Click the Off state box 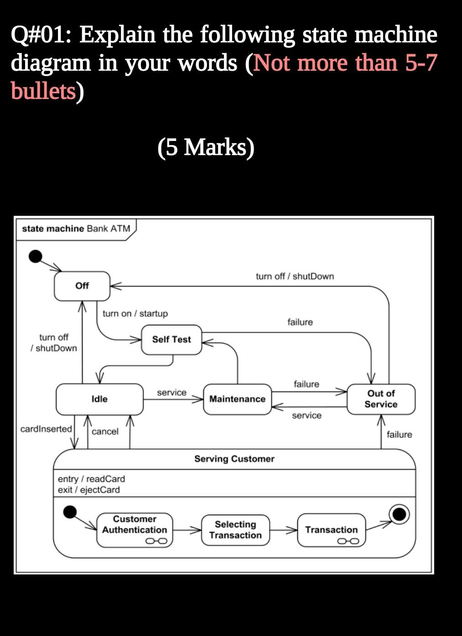[x=82, y=286]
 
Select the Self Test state [x=171, y=339]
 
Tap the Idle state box [x=99, y=399]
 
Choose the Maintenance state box [x=237, y=399]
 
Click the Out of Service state [x=381, y=399]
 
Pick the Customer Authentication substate [x=135, y=530]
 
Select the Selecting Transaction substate [x=235, y=530]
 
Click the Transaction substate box [x=332, y=530]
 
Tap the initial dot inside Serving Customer [x=69, y=512]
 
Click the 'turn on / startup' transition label [x=135, y=313]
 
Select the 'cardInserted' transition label [x=46, y=429]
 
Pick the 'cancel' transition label [x=105, y=432]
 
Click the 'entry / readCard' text [x=91, y=479]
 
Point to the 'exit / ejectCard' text [x=89, y=490]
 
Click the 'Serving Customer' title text [x=234, y=459]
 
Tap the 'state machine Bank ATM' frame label [x=76, y=228]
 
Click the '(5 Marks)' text [x=206, y=147]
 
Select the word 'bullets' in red [x=43, y=91]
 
